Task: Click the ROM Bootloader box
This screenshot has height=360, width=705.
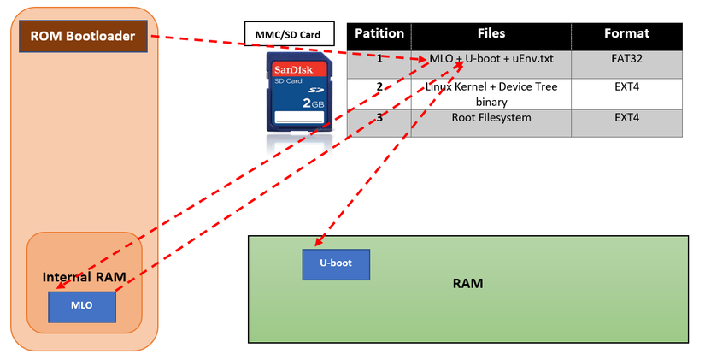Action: tap(83, 36)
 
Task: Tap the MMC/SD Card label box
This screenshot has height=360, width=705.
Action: tap(288, 34)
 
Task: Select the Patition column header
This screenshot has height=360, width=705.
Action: tap(379, 35)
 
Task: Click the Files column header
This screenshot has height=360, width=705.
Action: tap(491, 35)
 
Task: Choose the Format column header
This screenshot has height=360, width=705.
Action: tap(626, 35)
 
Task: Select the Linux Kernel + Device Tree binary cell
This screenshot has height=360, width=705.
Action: tap(491, 94)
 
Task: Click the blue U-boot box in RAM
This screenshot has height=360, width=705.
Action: tap(336, 263)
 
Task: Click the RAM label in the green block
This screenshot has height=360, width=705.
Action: tap(467, 283)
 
